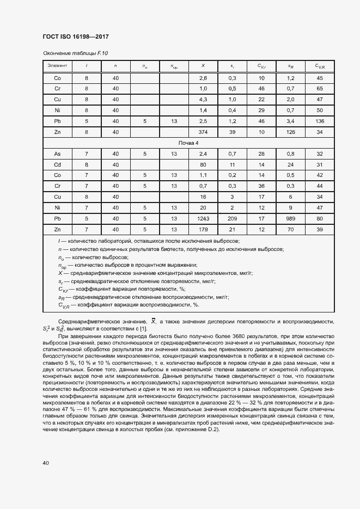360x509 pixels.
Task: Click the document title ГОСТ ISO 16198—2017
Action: tap(76, 36)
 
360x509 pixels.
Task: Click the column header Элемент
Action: tap(57, 66)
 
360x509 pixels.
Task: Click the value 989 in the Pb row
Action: tap(291, 218)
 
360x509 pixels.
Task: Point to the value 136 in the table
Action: tap(320, 121)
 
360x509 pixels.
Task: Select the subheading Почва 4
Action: tap(188, 143)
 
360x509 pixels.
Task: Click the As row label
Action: tap(57, 154)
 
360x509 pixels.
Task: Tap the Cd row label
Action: tap(57, 164)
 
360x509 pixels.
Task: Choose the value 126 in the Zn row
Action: tap(291, 132)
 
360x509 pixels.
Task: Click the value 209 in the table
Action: tap(232, 218)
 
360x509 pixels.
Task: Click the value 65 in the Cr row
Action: tap(320, 89)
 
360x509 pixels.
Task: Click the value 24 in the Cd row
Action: tap(291, 164)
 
